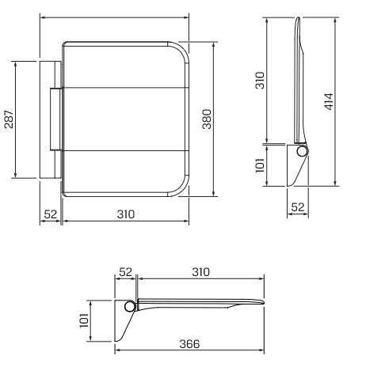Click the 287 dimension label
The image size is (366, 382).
[9, 119]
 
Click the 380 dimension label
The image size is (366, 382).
[207, 119]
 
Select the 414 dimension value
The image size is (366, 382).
[329, 101]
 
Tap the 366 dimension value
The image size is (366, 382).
[189, 344]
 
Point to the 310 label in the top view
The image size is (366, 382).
[126, 214]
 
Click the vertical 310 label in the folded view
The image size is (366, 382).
[260, 80]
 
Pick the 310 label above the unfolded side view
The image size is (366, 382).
[200, 272]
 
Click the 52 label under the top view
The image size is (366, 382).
[51, 214]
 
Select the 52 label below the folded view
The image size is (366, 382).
[298, 207]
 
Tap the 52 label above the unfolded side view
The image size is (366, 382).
[125, 272]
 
